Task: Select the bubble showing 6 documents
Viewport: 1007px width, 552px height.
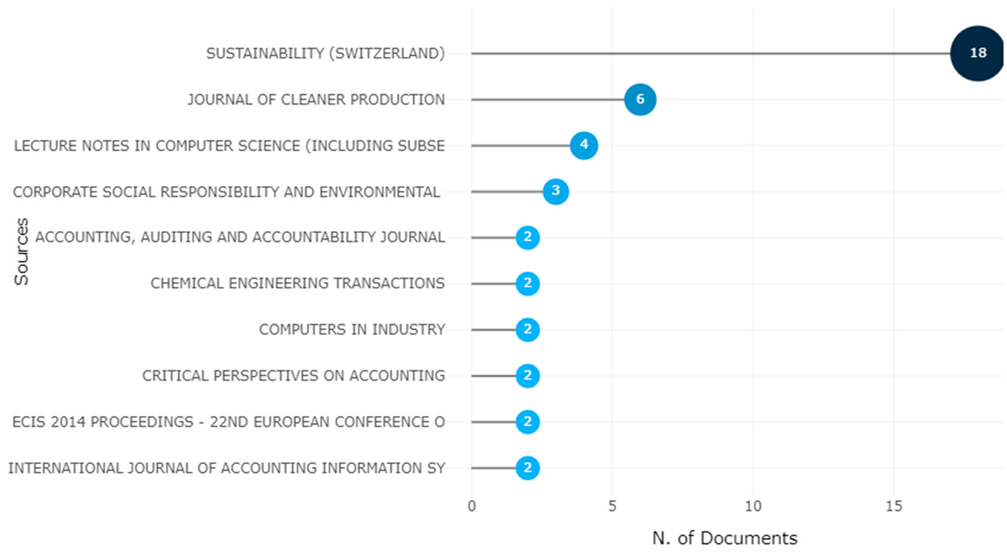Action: point(640,99)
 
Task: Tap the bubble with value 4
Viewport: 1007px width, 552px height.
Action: point(584,145)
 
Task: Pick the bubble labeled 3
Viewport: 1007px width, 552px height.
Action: point(555,191)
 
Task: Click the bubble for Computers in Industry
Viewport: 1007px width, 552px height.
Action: point(527,330)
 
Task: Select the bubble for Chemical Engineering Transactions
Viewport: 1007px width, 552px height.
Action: point(527,283)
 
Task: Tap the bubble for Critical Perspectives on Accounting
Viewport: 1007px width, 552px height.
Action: point(527,376)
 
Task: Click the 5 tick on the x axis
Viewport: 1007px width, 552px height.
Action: point(612,506)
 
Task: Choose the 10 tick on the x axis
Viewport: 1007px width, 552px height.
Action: point(753,506)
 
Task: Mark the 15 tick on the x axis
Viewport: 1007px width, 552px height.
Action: point(894,506)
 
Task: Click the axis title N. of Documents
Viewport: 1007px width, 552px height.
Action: point(724,538)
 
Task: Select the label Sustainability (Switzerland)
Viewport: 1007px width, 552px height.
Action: point(325,54)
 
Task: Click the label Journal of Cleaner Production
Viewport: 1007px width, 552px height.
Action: point(316,100)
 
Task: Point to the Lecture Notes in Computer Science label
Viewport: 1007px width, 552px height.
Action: point(229,146)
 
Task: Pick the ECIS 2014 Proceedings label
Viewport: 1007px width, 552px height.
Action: point(228,422)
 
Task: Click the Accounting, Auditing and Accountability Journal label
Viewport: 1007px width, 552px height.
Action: point(240,237)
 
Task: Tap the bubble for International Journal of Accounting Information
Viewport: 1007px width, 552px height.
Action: point(527,467)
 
